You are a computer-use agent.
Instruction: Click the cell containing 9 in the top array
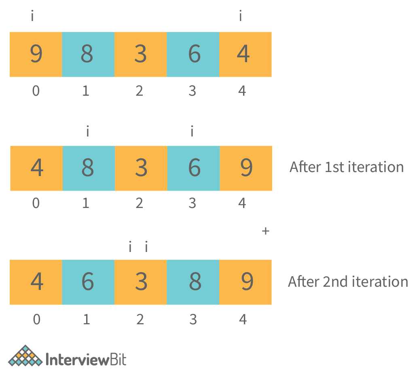pyautogui.click(x=36, y=55)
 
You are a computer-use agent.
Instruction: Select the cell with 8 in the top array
pyautogui.click(x=88, y=55)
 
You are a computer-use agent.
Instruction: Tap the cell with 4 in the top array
pyautogui.click(x=245, y=55)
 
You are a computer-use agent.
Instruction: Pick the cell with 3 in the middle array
pyautogui.click(x=141, y=168)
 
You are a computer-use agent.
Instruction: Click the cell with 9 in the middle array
pyautogui.click(x=246, y=168)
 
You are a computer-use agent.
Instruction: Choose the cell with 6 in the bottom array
pyautogui.click(x=88, y=282)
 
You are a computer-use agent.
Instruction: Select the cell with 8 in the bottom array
pyautogui.click(x=193, y=282)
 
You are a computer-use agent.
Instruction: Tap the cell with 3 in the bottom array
pyautogui.click(x=141, y=282)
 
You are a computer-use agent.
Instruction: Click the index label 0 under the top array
pyautogui.click(x=36, y=91)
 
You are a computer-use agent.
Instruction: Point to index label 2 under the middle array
pyautogui.click(x=139, y=203)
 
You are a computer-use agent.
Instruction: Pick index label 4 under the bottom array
pyautogui.click(x=243, y=319)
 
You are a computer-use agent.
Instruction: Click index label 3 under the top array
pyautogui.click(x=193, y=91)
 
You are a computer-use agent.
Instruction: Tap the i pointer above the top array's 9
pyautogui.click(x=32, y=16)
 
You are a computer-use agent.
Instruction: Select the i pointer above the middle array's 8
pyautogui.click(x=88, y=131)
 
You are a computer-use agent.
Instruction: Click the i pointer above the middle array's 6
pyautogui.click(x=192, y=131)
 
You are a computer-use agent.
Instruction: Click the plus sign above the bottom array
pyautogui.click(x=265, y=231)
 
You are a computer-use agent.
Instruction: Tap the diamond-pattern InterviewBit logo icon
pyautogui.click(x=25, y=356)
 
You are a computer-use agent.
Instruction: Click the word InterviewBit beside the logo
pyautogui.click(x=86, y=359)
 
